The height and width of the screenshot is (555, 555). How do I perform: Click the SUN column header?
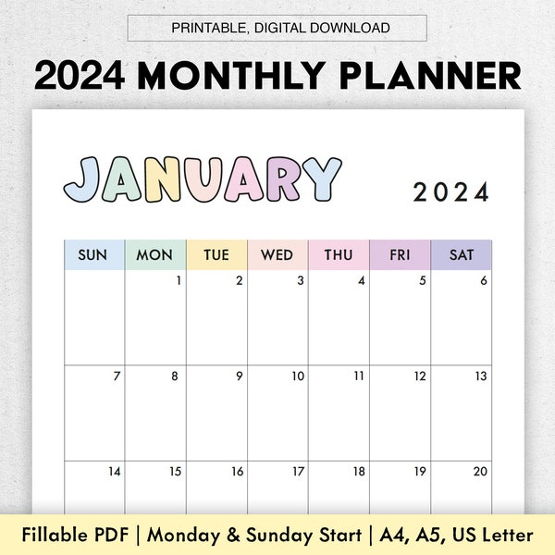point(92,255)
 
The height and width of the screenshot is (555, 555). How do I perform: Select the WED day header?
point(277,255)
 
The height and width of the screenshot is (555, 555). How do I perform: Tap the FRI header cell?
point(400,255)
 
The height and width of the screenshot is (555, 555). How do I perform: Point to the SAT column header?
point(462,255)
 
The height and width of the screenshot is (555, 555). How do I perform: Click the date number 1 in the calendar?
point(179,281)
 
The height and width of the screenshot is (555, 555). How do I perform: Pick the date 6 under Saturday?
point(484,281)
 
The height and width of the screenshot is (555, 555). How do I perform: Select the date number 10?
point(298,376)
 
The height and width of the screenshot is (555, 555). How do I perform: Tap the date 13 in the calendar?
point(481,376)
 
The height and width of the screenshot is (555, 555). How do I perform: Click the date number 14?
point(115,472)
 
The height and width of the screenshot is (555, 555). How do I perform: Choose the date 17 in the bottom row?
point(298,472)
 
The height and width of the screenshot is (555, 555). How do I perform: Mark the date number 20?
point(480,472)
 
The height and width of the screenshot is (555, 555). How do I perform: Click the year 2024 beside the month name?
point(450,192)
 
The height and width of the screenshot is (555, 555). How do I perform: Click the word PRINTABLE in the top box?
point(208,28)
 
